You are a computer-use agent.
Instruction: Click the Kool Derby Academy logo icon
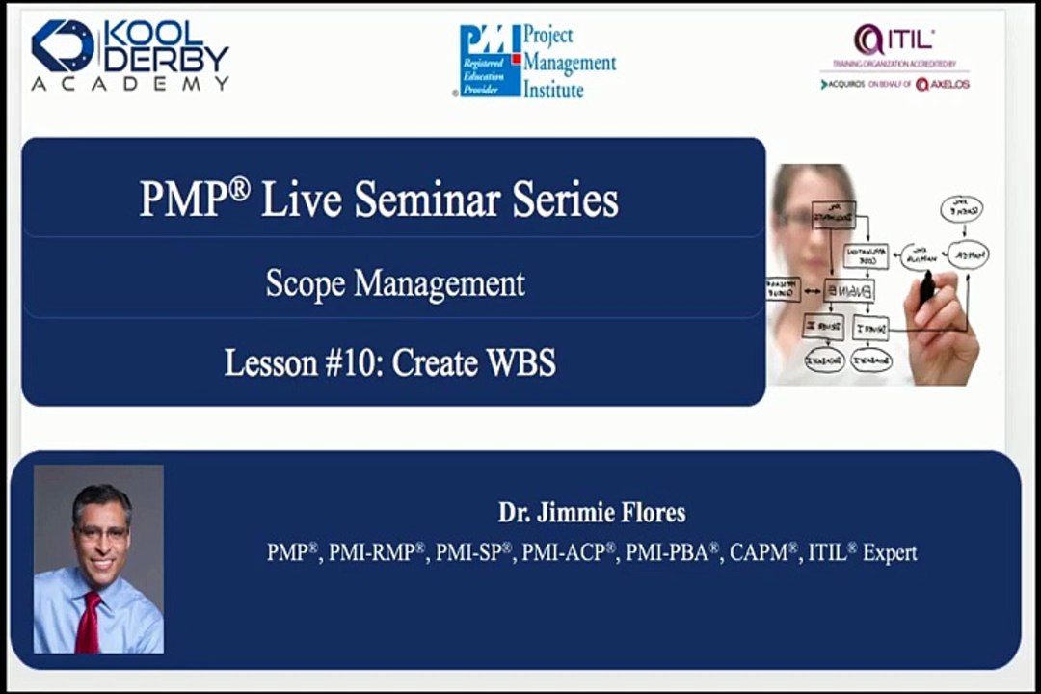[64, 46]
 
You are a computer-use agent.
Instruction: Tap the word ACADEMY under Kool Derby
[130, 85]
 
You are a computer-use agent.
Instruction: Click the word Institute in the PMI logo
[553, 90]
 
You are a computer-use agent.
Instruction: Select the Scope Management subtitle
[395, 283]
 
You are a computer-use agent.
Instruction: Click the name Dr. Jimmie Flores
[592, 512]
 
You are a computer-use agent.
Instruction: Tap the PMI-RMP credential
[377, 553]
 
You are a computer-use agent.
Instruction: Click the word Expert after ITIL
[890, 553]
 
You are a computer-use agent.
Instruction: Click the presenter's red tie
[90, 622]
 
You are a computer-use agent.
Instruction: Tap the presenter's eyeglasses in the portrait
[100, 531]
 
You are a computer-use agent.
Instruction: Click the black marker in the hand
[928, 287]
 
